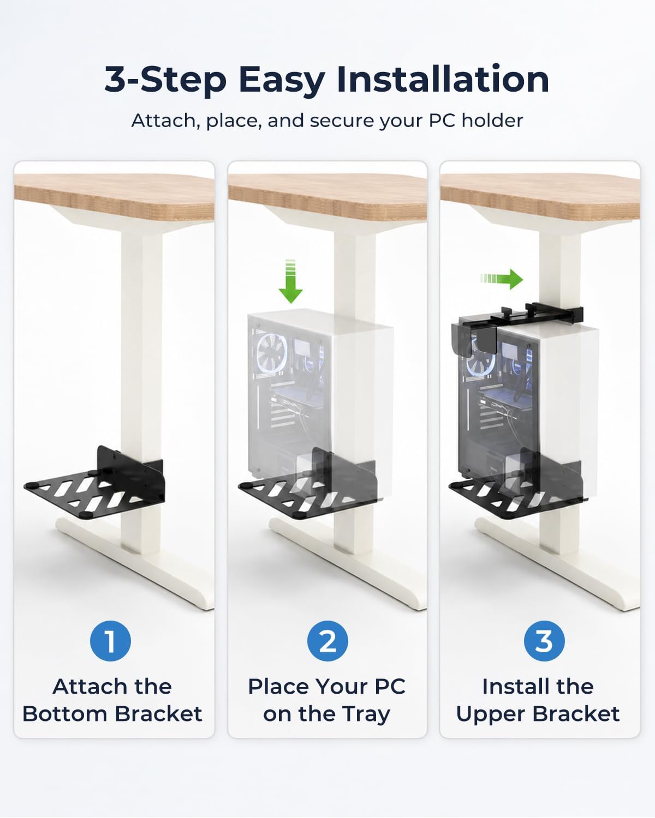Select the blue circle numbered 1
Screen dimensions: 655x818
point(110,641)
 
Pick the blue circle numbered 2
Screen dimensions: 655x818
point(327,641)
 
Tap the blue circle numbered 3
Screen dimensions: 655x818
point(544,641)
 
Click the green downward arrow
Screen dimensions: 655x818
point(290,281)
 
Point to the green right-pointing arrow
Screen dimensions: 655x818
point(502,279)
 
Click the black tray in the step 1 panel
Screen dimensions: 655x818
point(95,490)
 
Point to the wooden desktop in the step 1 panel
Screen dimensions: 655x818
point(114,197)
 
